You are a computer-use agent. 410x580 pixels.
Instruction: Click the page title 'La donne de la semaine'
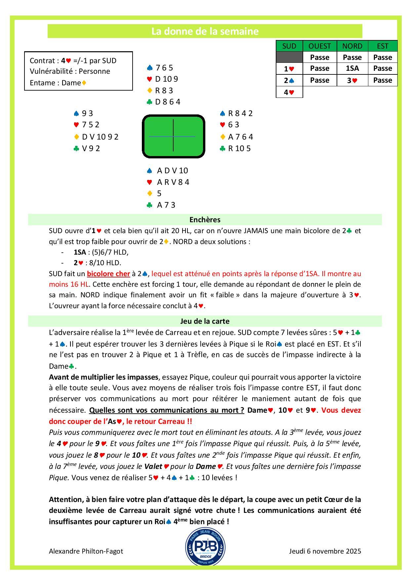pyautogui.click(x=205, y=31)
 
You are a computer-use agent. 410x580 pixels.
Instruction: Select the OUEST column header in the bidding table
pyautogui.click(x=319, y=46)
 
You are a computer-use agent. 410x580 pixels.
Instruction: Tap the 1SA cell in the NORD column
pyautogui.click(x=352, y=68)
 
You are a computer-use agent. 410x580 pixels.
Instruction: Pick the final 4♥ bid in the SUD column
pyautogui.click(x=289, y=92)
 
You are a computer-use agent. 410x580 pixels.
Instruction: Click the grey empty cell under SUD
pyautogui.click(x=289, y=57)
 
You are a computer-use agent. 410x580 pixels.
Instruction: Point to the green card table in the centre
pyautogui.click(x=173, y=136)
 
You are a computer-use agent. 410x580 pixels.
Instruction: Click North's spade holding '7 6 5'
pyautogui.click(x=164, y=68)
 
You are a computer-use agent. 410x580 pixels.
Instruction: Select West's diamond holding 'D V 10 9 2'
pyautogui.click(x=100, y=137)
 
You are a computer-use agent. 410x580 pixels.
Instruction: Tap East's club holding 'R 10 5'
pyautogui.click(x=239, y=148)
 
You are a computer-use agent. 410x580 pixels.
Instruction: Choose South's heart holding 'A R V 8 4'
pyautogui.click(x=173, y=182)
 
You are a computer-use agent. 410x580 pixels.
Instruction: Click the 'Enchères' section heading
pyautogui.click(x=205, y=220)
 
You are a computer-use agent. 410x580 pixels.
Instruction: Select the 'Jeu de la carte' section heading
pyautogui.click(x=205, y=321)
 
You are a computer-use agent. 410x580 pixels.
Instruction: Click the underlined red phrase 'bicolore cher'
pyautogui.click(x=108, y=273)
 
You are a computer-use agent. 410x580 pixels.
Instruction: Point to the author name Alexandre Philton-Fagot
pyautogui.click(x=86, y=551)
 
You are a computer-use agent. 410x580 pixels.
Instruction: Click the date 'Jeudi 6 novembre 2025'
pyautogui.click(x=325, y=551)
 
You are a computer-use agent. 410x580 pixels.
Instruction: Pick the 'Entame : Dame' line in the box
pyautogui.click(x=58, y=83)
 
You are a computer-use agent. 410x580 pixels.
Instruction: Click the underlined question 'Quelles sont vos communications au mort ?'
pyautogui.click(x=167, y=410)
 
